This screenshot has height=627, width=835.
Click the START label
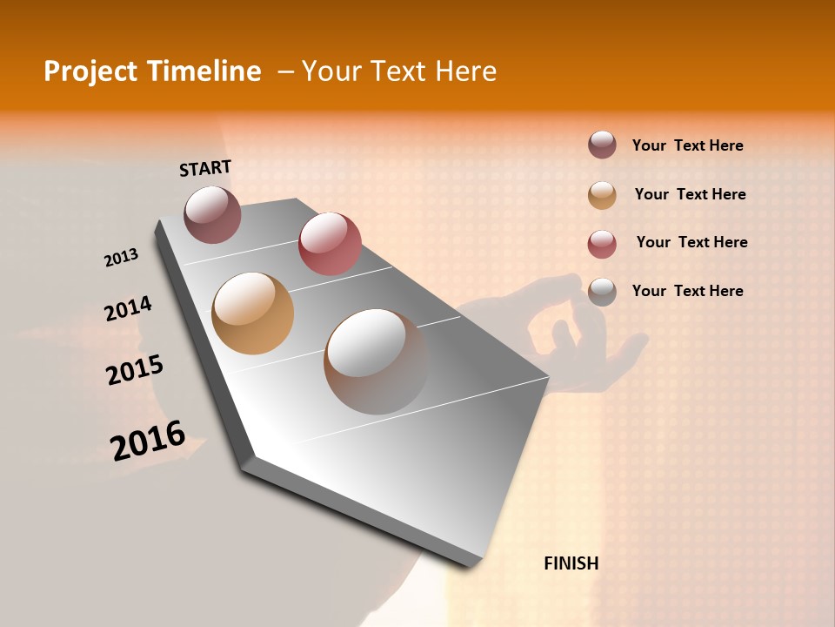[x=205, y=168]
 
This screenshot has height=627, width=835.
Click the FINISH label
[x=571, y=563]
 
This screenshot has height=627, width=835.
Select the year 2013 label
[x=122, y=258]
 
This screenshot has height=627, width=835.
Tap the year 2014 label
[x=129, y=308]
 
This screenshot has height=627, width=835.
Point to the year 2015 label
[x=135, y=370]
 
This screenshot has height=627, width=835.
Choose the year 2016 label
[x=148, y=440]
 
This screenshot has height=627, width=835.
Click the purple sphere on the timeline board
[x=212, y=214]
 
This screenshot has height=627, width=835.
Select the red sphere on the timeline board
[x=330, y=244]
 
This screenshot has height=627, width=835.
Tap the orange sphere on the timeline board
[x=253, y=313]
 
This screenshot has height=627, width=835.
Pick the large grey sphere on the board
[x=376, y=361]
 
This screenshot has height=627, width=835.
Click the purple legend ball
[x=602, y=145]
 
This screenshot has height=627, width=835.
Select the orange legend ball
[x=602, y=194]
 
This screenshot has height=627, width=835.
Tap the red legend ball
[x=602, y=243]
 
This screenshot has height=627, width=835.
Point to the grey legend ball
[x=602, y=292]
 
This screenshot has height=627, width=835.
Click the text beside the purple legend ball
[x=687, y=145]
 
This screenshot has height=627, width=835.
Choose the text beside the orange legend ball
[x=690, y=194]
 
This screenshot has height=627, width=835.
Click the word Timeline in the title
[x=210, y=71]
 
